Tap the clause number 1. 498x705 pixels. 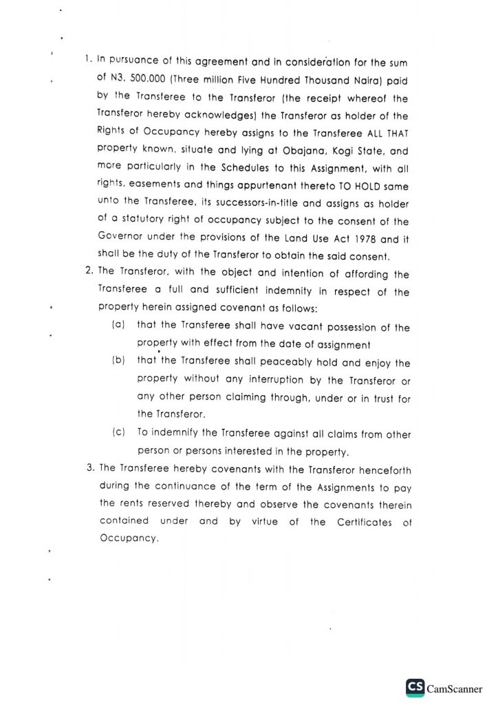[x=88, y=61]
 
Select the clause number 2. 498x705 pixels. [x=89, y=274]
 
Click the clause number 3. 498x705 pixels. [x=90, y=468]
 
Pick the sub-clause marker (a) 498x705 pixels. [x=118, y=328]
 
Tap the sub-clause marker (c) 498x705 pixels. [x=118, y=434]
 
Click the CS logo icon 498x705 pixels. [x=415, y=687]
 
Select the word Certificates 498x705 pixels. [x=364, y=522]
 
